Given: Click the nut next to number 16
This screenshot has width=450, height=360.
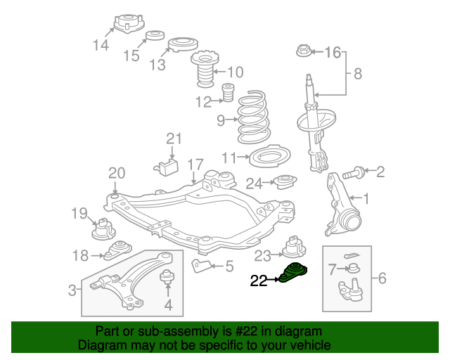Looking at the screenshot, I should pos(303,51).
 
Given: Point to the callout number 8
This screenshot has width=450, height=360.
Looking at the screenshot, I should pos(357,72).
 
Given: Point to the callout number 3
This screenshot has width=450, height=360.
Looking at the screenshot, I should pos(72,289).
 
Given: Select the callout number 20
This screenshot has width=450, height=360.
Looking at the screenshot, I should pos(117,173).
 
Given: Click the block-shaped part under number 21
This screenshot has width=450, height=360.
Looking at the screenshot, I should pos(166,168).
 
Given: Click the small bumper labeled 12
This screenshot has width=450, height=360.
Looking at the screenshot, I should pos(228,92).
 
